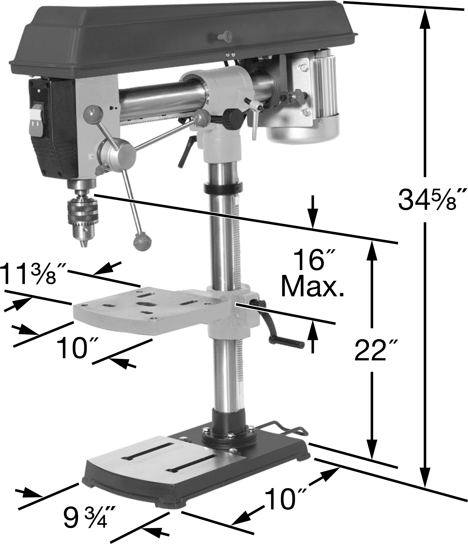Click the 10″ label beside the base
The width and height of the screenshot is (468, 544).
285,499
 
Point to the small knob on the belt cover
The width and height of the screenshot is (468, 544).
223,37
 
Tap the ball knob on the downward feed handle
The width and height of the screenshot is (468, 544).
142,241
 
